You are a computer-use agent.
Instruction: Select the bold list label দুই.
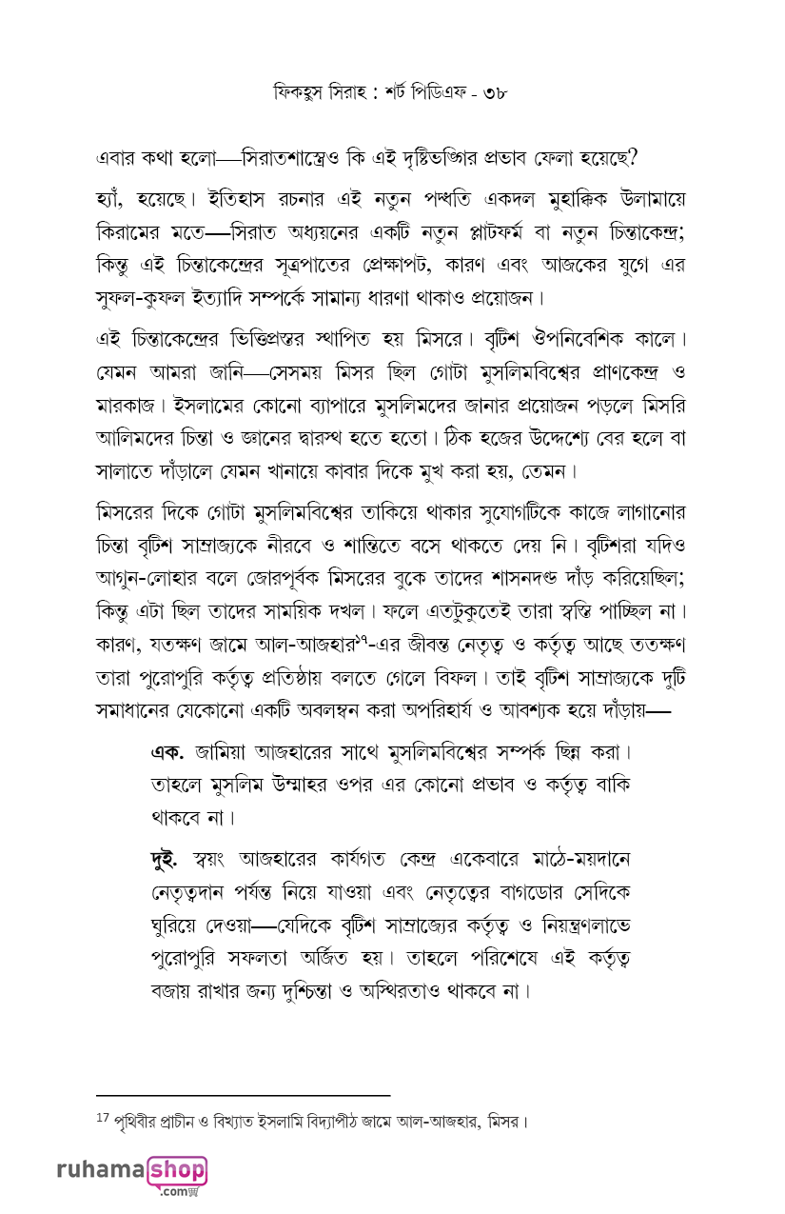(168, 858)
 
